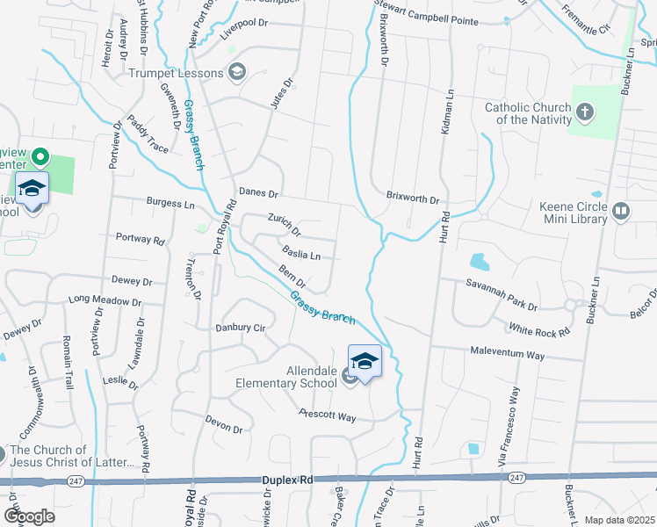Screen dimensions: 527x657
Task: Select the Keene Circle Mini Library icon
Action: (x=621, y=210)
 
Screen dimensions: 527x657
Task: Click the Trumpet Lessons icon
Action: (x=236, y=73)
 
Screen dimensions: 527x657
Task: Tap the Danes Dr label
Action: (x=258, y=192)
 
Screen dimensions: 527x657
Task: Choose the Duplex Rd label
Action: (x=287, y=480)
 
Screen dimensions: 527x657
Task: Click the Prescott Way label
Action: (x=327, y=415)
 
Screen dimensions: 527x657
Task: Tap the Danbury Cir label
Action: (x=241, y=328)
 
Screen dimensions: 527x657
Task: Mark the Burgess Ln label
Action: (x=170, y=203)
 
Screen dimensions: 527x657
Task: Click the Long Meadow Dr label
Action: (x=105, y=300)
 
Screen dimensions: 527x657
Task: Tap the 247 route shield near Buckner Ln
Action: (x=516, y=477)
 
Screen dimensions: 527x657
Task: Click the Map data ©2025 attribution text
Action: (x=620, y=520)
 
